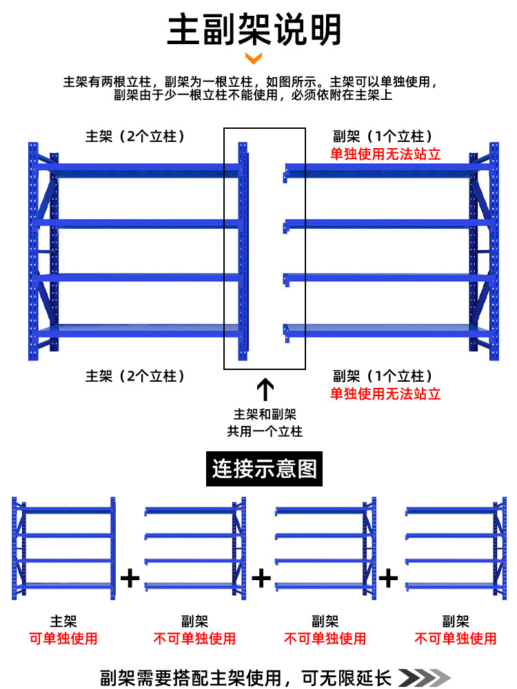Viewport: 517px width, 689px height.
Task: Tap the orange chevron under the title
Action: coord(254,58)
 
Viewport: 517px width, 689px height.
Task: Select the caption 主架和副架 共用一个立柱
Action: coord(265,423)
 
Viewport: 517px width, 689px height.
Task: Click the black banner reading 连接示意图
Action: coord(264,470)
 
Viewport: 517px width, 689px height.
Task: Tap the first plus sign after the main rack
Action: coord(130,577)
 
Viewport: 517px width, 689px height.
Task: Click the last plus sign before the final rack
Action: coord(389,577)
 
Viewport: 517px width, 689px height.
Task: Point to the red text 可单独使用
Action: coord(63,639)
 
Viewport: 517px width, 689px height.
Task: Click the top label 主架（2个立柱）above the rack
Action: coord(135,136)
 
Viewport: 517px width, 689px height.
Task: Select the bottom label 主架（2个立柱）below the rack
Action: coord(135,376)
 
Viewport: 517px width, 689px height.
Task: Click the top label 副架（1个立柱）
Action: coord(383,136)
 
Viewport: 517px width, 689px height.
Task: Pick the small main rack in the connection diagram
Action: coord(63,548)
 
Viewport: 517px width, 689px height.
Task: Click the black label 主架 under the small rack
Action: coord(63,621)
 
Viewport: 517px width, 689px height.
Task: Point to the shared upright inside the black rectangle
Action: coord(243,251)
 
